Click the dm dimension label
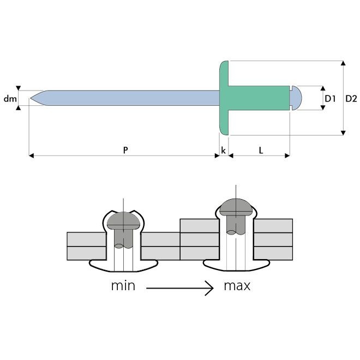10,99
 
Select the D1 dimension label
330,99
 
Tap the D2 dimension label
351,99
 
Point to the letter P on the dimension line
125,150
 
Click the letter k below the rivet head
223,151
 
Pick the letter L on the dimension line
261,151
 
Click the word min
123,286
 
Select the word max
237,286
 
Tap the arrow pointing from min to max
180,288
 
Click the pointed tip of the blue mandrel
31,98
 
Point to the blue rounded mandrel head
296,98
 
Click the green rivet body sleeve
259,98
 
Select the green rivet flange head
224,98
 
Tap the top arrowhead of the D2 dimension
343,63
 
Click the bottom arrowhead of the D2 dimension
343,133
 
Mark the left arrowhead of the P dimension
32,156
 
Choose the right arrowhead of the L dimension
287,156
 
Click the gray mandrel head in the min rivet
123,221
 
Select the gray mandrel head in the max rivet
236,207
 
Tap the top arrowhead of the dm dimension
19,88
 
